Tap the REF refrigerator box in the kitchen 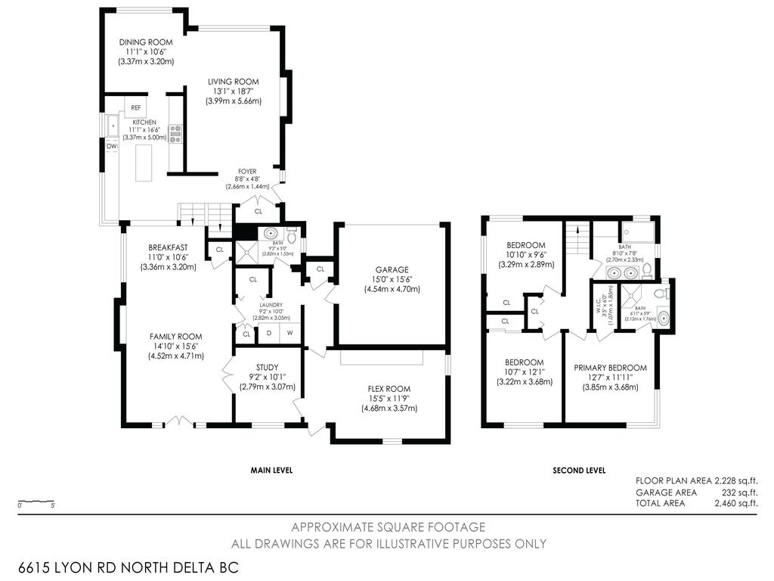pos(136,107)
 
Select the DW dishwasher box pos(111,146)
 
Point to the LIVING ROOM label pos(234,82)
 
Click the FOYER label pos(247,172)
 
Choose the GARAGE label pos(392,269)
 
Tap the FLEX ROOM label pos(389,389)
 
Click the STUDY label pos(266,367)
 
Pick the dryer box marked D pos(269,334)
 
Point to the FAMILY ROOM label pos(175,337)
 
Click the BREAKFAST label pos(168,247)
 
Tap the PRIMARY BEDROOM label pos(610,368)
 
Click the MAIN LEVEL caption pos(271,470)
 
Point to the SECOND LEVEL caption pos(579,470)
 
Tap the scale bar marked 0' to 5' pos(36,502)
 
